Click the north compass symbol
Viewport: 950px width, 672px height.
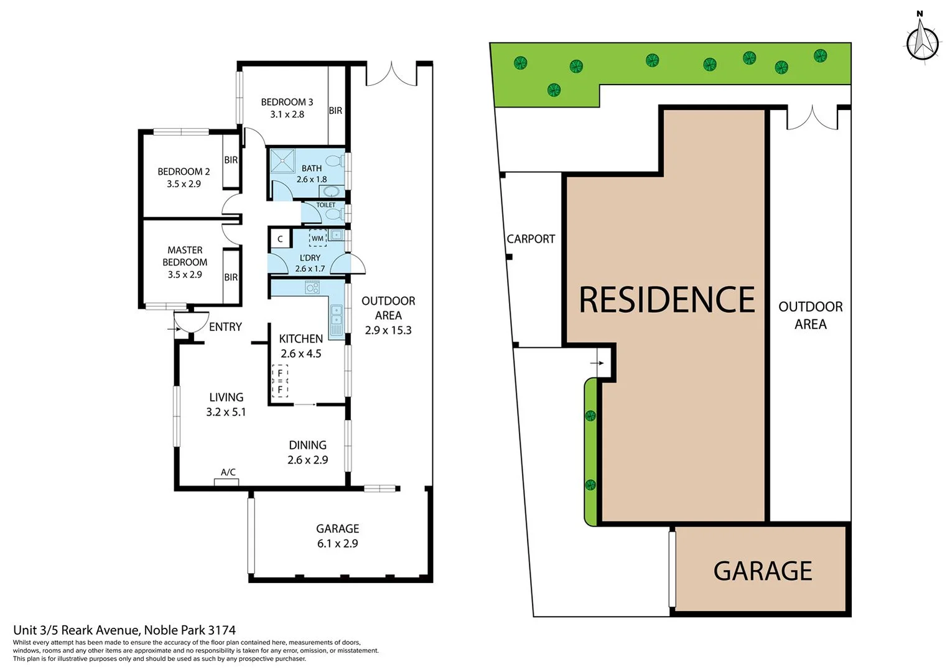pos(921,41)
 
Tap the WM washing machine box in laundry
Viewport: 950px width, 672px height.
pos(317,238)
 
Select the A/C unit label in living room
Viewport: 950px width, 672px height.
pos(228,472)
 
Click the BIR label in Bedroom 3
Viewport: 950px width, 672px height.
pos(335,111)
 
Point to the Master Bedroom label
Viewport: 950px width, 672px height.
pos(185,256)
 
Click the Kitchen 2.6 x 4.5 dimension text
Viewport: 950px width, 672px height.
pos(300,353)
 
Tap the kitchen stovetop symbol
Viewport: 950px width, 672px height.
pos(312,287)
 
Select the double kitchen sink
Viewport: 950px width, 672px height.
pos(336,317)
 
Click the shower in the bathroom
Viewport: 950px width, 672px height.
pos(282,161)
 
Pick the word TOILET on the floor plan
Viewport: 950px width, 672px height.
pos(325,205)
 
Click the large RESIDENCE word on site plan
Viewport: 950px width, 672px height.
pos(666,300)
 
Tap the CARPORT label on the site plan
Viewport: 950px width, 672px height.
pos(531,239)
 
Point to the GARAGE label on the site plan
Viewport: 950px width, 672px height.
pos(762,571)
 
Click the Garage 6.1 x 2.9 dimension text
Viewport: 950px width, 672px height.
pos(337,543)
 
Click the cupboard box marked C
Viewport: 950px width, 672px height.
pos(280,239)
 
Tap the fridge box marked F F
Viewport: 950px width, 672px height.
pos(280,381)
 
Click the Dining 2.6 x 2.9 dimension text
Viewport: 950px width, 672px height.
pos(307,460)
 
